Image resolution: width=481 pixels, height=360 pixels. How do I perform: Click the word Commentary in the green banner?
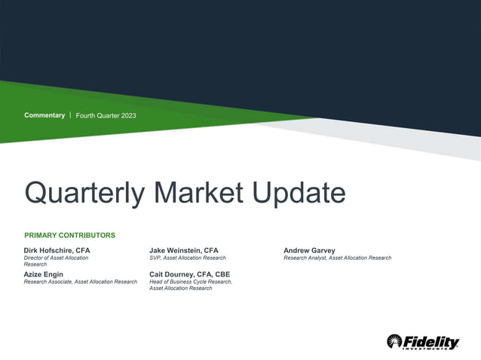coord(44,115)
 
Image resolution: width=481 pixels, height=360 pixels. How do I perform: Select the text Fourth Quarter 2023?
coord(106,115)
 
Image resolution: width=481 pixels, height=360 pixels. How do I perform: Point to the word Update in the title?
coord(299,193)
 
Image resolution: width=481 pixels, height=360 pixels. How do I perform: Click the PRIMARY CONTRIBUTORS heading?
coord(69,235)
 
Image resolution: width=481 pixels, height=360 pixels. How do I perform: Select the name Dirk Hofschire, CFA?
coord(57,250)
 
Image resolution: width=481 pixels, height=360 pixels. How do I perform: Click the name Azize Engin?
coord(44,274)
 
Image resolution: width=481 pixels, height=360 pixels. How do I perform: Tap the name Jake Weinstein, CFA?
coord(184,250)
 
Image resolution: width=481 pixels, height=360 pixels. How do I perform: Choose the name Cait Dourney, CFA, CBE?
coord(190,274)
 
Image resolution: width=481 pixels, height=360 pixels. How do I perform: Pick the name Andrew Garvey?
coord(310,250)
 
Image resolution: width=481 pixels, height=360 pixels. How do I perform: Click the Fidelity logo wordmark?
coord(432,341)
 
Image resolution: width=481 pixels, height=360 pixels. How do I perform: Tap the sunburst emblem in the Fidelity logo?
coord(395,341)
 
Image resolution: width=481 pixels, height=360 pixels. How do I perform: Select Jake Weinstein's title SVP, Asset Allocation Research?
coord(188,258)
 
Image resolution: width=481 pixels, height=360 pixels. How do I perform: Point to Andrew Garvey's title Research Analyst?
coord(305,258)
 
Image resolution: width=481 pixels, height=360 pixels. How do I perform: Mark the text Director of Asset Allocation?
coord(56,258)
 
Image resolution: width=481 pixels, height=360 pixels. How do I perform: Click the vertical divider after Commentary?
coord(70,115)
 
